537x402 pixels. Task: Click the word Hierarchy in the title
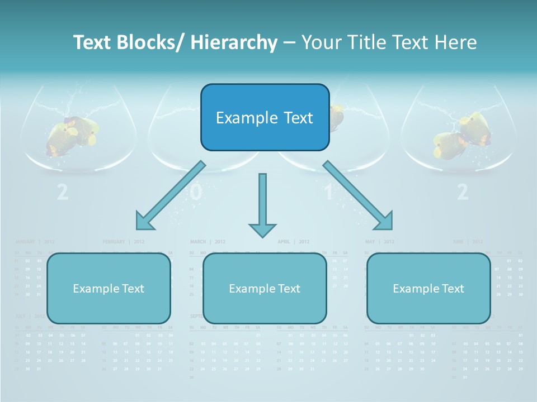(234, 42)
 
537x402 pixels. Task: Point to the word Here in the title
(454, 42)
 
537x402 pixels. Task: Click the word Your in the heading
(321, 42)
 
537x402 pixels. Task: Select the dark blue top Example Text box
(265, 117)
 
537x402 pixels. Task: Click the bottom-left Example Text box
(109, 288)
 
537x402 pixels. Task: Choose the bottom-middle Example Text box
(265, 288)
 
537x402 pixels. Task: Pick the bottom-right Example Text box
(428, 288)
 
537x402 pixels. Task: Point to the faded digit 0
(195, 192)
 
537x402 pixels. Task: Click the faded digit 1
(329, 192)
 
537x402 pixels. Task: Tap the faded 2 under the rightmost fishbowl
(462, 192)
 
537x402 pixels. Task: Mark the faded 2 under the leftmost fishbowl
(63, 192)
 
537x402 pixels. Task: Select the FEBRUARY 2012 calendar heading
(124, 242)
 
